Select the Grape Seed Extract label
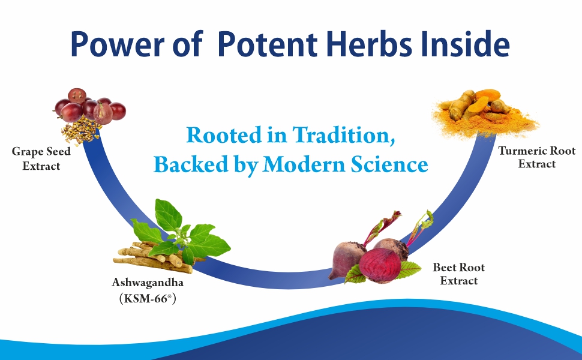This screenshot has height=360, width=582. (41, 158)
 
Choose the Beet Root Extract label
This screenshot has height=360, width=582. (458, 274)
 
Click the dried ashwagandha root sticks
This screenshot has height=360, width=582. (144, 255)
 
